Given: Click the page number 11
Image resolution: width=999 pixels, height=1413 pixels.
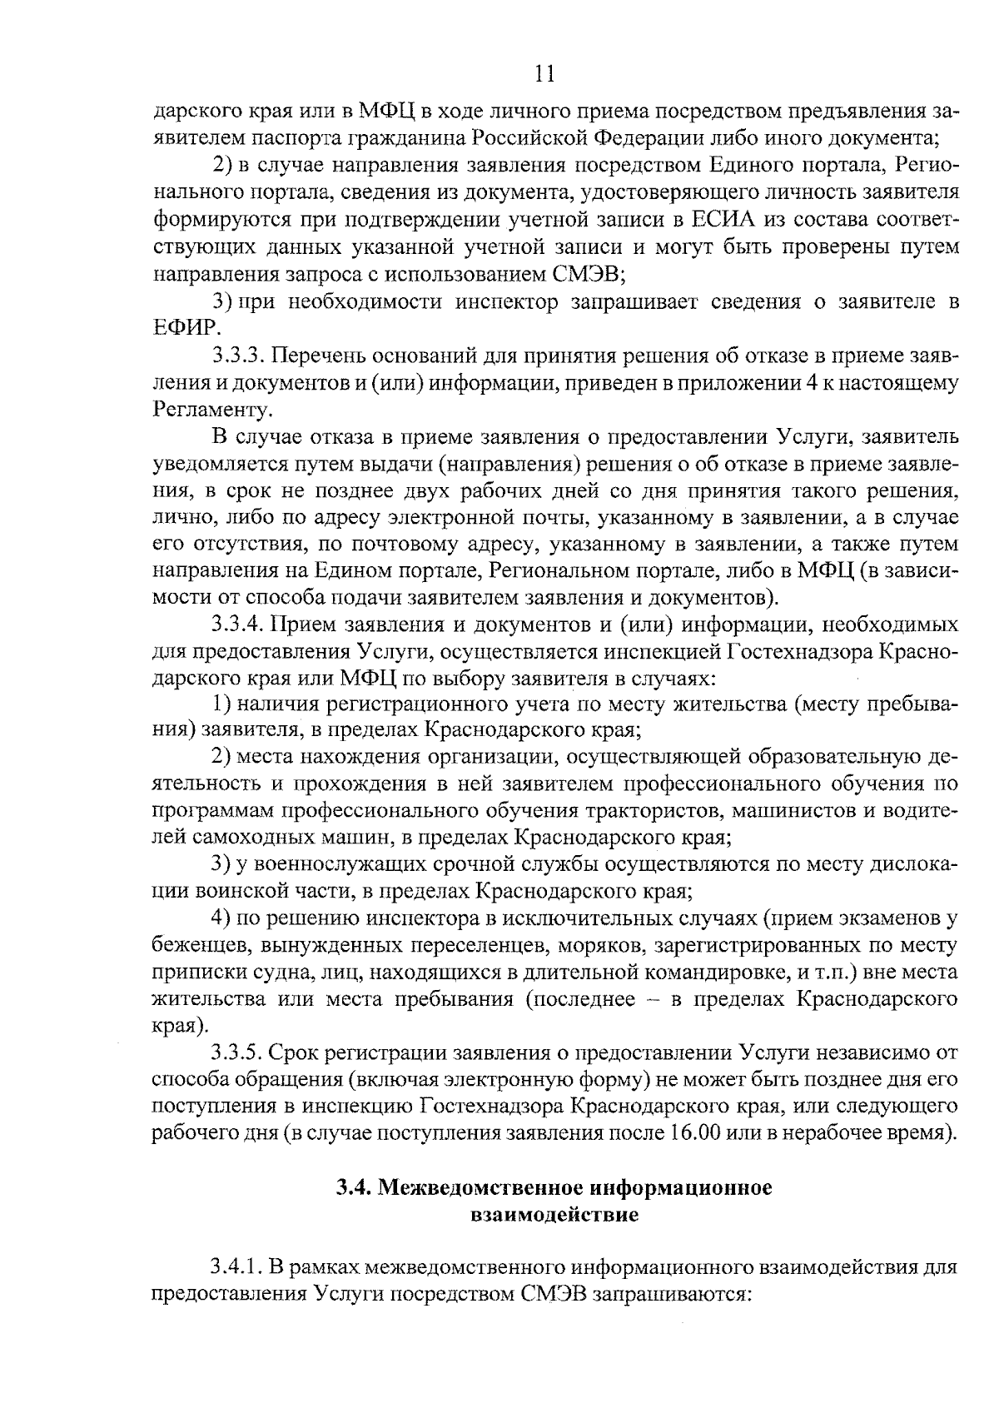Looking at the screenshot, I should point(544,74).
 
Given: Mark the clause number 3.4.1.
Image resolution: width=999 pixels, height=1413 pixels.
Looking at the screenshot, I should point(236,1268).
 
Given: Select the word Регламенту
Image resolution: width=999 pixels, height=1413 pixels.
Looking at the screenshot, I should point(211,409).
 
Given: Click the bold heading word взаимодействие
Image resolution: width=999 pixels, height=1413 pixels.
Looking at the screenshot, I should point(554,1215).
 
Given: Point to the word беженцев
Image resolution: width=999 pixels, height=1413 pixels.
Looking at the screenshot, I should point(201,946).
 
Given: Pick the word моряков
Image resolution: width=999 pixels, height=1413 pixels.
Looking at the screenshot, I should point(601,946).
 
